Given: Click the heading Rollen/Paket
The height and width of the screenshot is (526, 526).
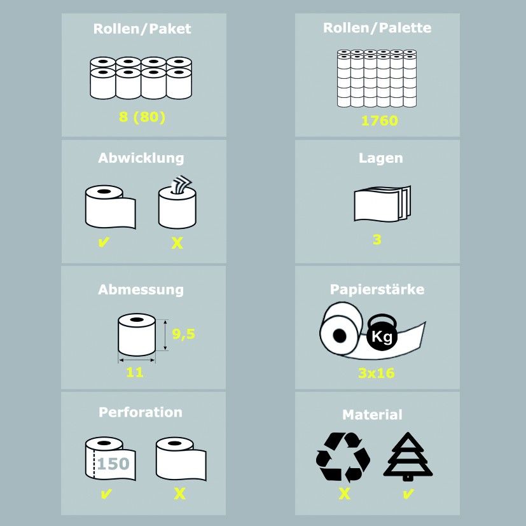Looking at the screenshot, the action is (x=142, y=29).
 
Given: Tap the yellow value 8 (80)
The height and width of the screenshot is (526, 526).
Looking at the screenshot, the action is (x=142, y=118).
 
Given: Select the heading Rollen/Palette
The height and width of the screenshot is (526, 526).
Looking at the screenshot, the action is (x=377, y=28).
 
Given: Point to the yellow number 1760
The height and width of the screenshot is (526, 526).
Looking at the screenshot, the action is (x=380, y=121).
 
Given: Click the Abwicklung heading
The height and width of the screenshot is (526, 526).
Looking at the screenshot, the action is (x=141, y=158).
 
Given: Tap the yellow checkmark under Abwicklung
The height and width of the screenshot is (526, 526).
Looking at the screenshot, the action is (x=104, y=242).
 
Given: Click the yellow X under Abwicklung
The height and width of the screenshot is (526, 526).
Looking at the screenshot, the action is (x=177, y=242).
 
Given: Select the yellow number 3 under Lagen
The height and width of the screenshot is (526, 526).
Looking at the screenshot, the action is (x=377, y=240).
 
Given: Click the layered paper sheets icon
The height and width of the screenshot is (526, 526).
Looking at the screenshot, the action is (x=382, y=204).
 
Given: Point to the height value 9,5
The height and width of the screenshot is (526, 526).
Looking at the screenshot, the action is (x=184, y=334).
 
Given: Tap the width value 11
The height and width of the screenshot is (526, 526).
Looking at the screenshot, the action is (x=135, y=372).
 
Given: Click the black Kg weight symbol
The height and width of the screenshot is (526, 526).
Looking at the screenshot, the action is (x=382, y=332).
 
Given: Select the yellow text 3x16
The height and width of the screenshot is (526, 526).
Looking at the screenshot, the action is (x=377, y=373).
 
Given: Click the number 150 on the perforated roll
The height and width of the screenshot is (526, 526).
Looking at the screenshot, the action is (x=113, y=464).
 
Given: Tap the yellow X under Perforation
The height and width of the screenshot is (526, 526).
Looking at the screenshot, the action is (x=179, y=494).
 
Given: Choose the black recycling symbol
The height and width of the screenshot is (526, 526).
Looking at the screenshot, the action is (x=343, y=457).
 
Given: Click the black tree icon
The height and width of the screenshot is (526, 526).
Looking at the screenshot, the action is (x=408, y=456).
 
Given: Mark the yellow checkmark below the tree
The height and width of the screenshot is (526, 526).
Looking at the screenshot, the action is (x=408, y=494).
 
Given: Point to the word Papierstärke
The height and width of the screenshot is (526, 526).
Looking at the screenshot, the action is (x=377, y=289).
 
